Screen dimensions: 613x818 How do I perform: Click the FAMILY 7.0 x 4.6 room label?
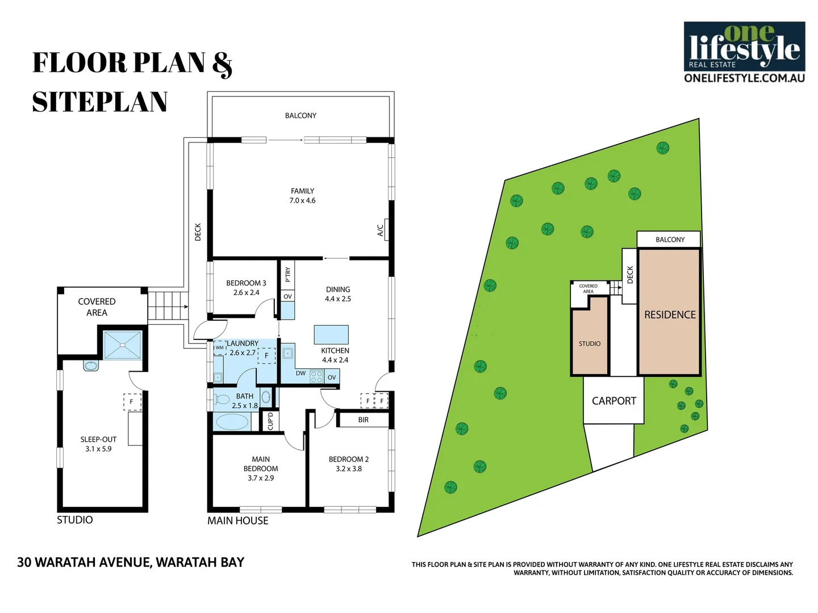302,196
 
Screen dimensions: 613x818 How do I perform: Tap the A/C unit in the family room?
386,230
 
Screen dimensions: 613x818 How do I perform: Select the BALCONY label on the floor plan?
301,116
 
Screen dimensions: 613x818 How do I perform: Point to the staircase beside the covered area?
168,306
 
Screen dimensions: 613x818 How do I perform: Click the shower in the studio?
122,345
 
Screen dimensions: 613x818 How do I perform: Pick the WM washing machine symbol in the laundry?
220,348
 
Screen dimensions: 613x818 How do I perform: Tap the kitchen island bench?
331,334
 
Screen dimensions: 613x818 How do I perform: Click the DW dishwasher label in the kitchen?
301,373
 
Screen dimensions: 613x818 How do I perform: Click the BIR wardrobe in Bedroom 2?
363,420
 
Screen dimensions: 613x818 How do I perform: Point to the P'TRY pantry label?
288,274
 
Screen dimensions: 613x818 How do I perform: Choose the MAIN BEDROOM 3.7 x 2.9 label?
261,468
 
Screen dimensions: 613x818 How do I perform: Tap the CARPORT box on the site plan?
613,401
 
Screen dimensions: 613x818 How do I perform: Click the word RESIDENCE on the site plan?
670,314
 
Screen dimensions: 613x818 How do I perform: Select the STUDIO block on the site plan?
590,343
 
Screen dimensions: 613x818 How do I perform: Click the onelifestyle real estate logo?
744,52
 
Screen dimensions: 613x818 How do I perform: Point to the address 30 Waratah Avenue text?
131,562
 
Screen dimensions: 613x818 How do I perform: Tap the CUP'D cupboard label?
270,421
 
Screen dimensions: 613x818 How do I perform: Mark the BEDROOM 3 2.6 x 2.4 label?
246,288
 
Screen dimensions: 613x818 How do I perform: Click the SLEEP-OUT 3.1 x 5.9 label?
98,444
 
